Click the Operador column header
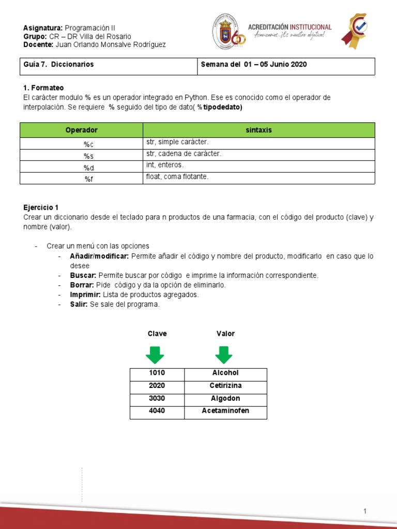pyautogui.click(x=81, y=130)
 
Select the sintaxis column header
pyautogui.click(x=258, y=130)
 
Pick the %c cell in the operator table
pyautogui.click(x=81, y=144)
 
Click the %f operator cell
pyautogui.click(x=81, y=178)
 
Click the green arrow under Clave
pyautogui.click(x=155, y=355)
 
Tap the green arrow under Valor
pyautogui.click(x=223, y=355)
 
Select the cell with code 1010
pyautogui.click(x=157, y=373)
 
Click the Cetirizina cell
pyautogui.click(x=225, y=386)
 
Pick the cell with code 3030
pyautogui.click(x=157, y=399)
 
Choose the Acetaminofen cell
pyautogui.click(x=225, y=411)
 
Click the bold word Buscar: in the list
pyautogui.click(x=83, y=275)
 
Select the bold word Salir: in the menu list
pyautogui.click(x=79, y=304)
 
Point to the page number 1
pyautogui.click(x=365, y=511)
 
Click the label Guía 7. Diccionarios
pyautogui.click(x=59, y=65)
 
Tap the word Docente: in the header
pyautogui.click(x=38, y=44)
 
